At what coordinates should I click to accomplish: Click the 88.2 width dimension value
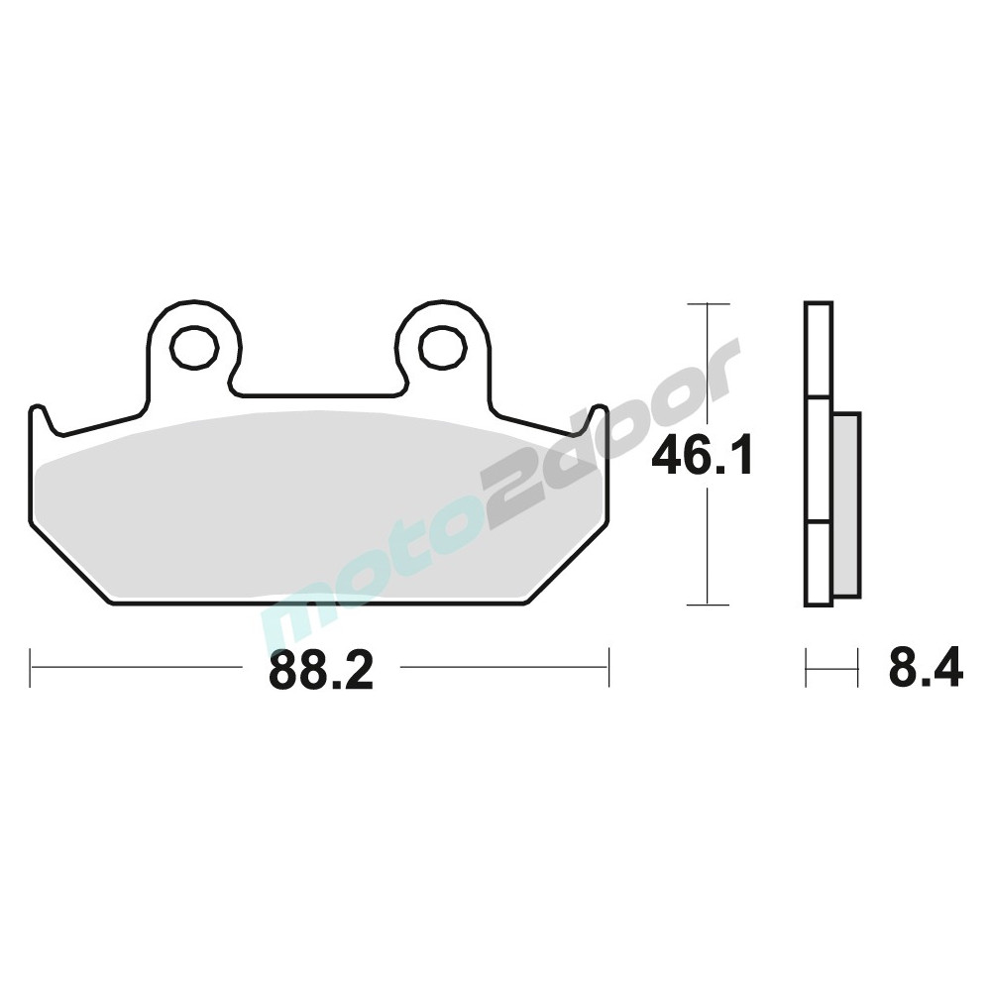click(319, 672)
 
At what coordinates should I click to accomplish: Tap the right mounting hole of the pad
click(442, 348)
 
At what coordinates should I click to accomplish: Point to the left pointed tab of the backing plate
click(39, 414)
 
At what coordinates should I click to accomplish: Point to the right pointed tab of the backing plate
click(600, 414)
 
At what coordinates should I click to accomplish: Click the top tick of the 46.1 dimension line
click(707, 303)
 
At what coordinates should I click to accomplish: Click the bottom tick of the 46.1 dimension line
click(707, 604)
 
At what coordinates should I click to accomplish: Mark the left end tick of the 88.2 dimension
click(32, 667)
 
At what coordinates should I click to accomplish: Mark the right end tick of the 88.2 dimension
click(608, 667)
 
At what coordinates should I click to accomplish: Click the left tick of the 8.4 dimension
click(807, 667)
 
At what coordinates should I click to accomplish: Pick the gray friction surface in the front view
click(317, 505)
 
